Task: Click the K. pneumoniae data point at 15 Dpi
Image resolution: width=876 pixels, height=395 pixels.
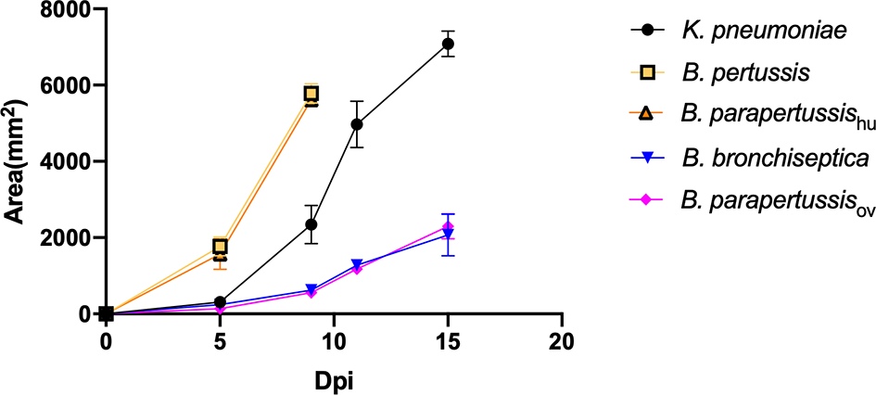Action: pyautogui.click(x=448, y=44)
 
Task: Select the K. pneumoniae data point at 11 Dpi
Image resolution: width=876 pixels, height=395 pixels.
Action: pyautogui.click(x=357, y=124)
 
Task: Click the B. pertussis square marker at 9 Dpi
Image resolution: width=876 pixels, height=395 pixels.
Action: pyautogui.click(x=311, y=94)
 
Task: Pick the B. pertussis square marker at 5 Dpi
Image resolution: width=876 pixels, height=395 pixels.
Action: pyautogui.click(x=221, y=246)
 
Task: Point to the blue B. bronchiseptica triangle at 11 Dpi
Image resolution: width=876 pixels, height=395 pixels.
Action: pyautogui.click(x=357, y=265)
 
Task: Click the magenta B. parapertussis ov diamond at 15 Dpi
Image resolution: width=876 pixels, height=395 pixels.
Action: pyautogui.click(x=448, y=227)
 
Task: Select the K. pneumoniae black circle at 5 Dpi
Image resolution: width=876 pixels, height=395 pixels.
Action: pyautogui.click(x=221, y=302)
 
